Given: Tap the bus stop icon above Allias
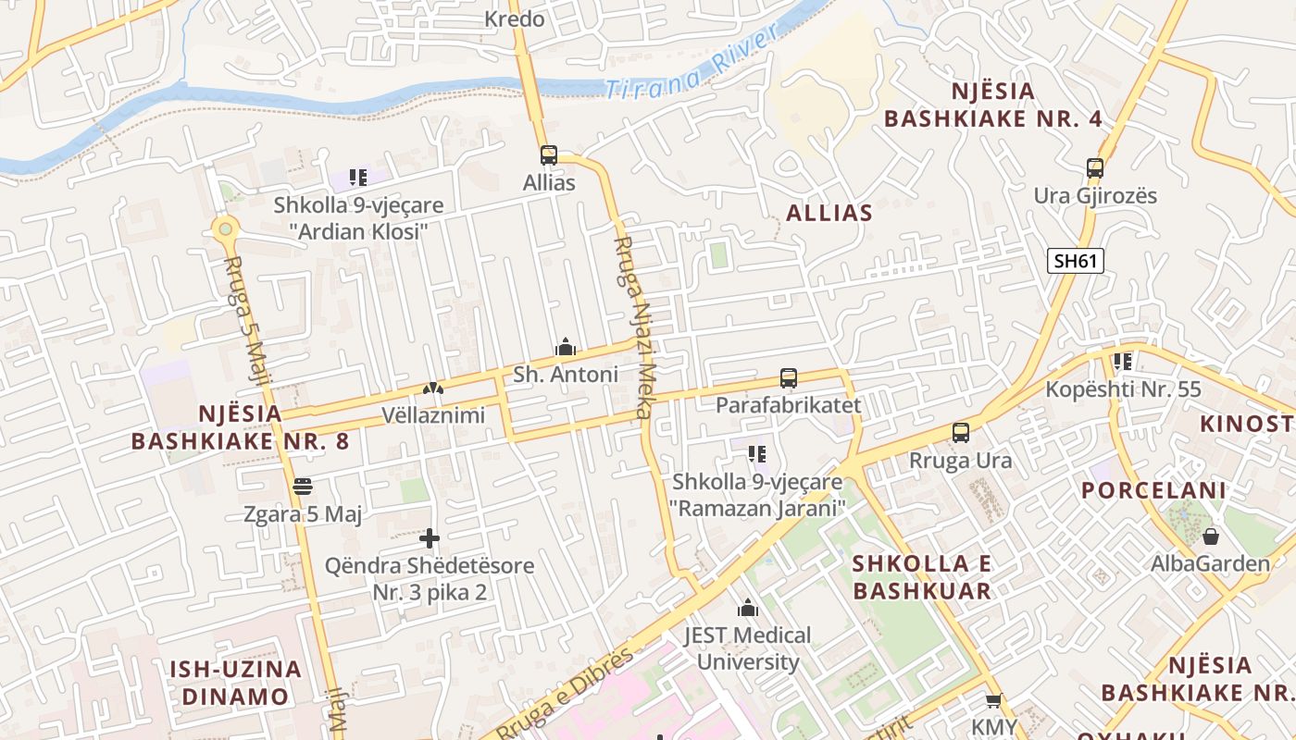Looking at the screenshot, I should pos(549,154).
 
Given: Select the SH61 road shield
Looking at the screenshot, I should pos(1076,261).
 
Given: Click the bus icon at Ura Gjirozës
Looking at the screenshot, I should pos(1095,168).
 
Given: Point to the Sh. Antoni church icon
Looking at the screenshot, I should pos(565,347).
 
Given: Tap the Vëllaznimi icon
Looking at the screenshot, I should pos(432,388).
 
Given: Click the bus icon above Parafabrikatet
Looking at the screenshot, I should pos(788,377).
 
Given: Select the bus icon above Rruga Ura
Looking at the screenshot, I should pos(961,432).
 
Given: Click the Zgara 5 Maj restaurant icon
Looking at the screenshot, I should pos(302,486).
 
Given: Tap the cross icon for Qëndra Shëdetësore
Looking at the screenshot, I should pos(430,537).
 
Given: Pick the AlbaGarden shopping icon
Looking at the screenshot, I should pos(1210,536).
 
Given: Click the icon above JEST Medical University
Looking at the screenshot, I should pos(747,608).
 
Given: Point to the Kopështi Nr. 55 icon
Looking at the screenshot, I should pos(1123,362).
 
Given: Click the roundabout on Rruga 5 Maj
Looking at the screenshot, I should pos(224,228).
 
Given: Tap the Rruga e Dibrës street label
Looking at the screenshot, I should pos(565,694).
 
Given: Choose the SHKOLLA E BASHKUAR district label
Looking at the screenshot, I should pos(921,577).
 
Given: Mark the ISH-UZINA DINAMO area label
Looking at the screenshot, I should pos(235,682).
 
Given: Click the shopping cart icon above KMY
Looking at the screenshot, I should pos(993,701).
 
